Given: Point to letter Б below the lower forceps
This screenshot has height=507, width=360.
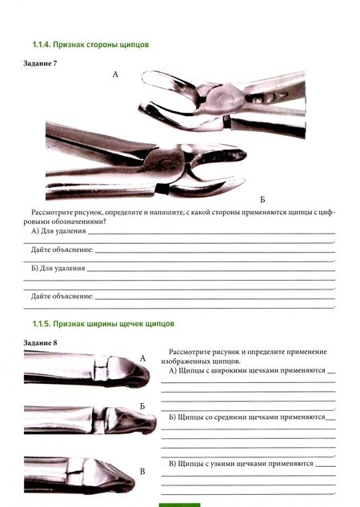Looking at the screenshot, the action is click(x=262, y=197).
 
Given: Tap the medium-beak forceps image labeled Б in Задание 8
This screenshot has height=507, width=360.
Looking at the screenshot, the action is click(x=88, y=420).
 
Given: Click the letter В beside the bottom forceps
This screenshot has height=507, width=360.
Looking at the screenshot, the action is click(x=142, y=472).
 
